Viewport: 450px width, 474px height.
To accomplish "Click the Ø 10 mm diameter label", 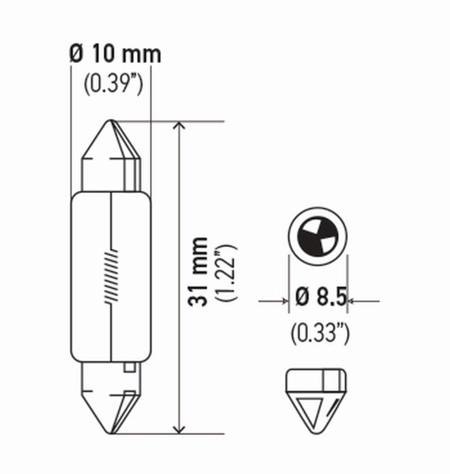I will pyautogui.click(x=115, y=55).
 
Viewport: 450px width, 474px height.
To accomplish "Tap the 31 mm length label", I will pyautogui.click(x=200, y=272).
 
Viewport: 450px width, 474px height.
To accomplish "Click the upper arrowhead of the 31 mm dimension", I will pyautogui.click(x=179, y=127).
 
